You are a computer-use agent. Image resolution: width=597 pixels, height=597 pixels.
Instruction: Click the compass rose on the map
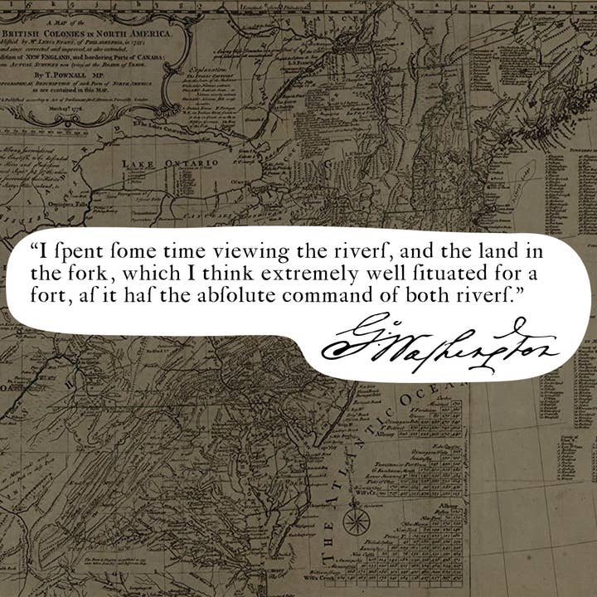[x=357, y=522]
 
